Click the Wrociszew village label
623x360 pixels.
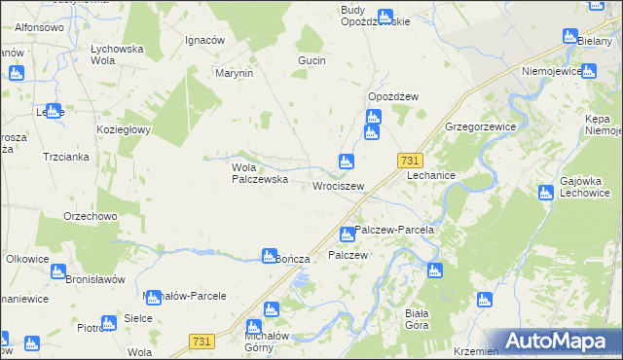pyautogui.click(x=338, y=186)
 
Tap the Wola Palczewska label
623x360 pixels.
pyautogui.click(x=258, y=172)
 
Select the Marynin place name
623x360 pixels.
pyautogui.click(x=235, y=73)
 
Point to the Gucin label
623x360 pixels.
pyautogui.click(x=311, y=60)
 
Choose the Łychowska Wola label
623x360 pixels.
pyautogui.click(x=117, y=53)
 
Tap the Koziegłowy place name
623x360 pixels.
pyautogui.click(x=122, y=129)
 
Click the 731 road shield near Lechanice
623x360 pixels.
pyautogui.click(x=410, y=161)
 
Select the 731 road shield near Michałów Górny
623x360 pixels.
pyautogui.click(x=202, y=340)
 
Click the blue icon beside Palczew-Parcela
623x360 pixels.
pyautogui.click(x=347, y=234)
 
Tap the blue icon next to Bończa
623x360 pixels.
pyautogui.click(x=270, y=256)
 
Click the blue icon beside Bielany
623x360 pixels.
pyautogui.click(x=570, y=37)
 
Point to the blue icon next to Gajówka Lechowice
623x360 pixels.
pyautogui.click(x=545, y=192)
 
